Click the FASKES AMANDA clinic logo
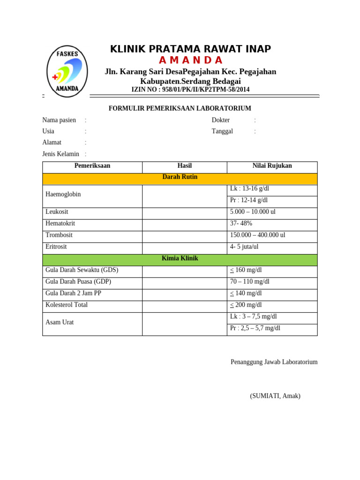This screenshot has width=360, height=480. coord(67,71)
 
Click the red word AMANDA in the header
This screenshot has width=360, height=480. coord(190,60)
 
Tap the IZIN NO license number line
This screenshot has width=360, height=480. coord(190,90)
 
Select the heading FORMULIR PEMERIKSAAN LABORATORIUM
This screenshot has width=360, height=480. coord(180,108)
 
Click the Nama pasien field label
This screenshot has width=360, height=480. coord(59,120)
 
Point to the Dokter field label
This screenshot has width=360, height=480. coord(221,120)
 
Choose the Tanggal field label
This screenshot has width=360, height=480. coord(222,131)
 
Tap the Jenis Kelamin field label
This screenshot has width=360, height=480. coord(61,154)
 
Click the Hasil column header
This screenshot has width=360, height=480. coord(184,166)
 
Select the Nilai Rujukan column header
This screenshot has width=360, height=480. coord(272,166)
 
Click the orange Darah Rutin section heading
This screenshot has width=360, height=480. coord(180,177)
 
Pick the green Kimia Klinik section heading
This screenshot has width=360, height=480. coord(180,258)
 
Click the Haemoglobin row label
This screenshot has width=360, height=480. coord(63,194)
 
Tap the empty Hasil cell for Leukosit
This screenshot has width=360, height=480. coord(184,212)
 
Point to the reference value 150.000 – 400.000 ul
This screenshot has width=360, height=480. coord(257,235)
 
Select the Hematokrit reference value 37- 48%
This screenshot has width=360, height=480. coord(241,224)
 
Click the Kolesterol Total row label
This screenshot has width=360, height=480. coord(67,305)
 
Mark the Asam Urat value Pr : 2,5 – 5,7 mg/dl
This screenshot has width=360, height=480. coord(255,328)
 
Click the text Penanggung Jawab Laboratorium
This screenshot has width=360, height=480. coord(274,362)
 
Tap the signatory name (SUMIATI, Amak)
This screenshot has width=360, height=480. coord(275,396)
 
